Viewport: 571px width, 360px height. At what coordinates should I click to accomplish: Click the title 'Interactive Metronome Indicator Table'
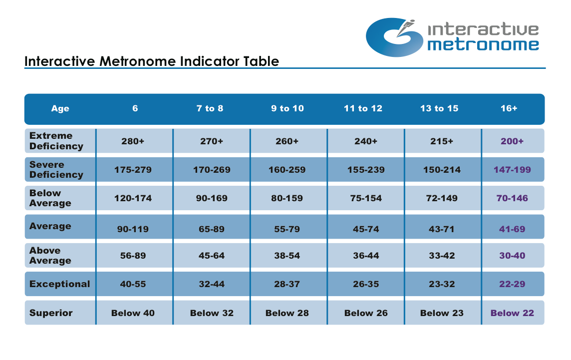(152, 61)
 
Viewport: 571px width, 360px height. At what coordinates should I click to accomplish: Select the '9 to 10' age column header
(287, 108)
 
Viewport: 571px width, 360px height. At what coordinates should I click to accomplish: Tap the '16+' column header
(509, 108)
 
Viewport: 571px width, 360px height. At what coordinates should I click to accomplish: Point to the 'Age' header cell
(60, 108)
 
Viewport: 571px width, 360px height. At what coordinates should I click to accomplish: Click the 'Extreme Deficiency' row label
(56, 141)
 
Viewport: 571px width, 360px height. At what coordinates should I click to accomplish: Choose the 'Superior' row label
(51, 313)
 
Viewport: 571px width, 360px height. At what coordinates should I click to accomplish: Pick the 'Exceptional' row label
(60, 284)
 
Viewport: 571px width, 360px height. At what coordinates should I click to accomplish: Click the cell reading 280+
(133, 141)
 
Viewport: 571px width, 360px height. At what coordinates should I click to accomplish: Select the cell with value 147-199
(512, 170)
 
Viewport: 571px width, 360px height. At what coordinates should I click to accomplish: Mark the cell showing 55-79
(287, 229)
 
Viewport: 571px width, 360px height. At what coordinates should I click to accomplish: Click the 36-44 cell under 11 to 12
(366, 256)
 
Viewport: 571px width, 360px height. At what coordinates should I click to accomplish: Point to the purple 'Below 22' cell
(512, 313)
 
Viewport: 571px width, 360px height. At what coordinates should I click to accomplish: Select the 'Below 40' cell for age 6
(133, 313)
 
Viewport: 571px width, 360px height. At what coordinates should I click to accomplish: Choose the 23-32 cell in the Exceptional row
(442, 284)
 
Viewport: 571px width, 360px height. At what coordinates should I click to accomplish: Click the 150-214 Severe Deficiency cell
(442, 170)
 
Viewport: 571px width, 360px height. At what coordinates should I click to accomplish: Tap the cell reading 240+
(366, 141)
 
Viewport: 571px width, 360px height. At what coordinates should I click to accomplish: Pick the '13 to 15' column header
(439, 108)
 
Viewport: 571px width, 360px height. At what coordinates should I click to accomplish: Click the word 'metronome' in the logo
(483, 45)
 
